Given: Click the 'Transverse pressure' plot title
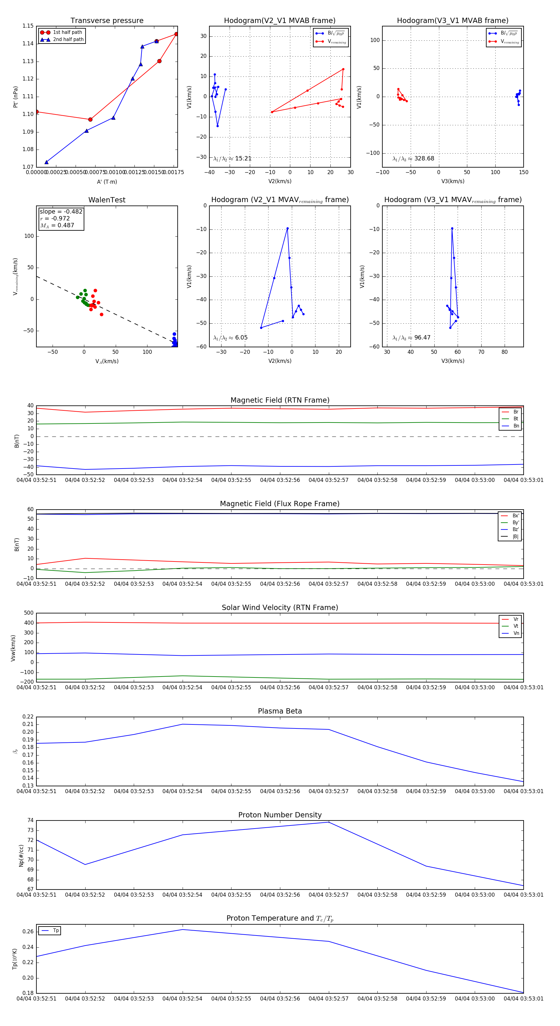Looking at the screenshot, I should tap(107, 21).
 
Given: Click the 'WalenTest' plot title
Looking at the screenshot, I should tap(107, 200).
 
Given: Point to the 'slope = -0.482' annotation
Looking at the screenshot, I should tap(61, 211).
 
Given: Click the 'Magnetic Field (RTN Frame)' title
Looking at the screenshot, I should tap(280, 400).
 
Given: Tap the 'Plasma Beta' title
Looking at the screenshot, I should tap(280, 711).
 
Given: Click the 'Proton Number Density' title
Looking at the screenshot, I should tap(280, 815).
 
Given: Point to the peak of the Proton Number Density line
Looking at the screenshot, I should tap(329, 822).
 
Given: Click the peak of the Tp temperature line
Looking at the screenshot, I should tap(183, 930).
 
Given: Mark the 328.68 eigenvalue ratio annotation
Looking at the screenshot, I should tap(413, 159).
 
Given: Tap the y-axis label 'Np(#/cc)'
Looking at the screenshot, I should tap(21, 856).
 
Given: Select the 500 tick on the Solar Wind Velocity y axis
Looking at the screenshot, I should tap(29, 613).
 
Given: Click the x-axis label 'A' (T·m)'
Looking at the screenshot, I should tap(107, 182).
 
